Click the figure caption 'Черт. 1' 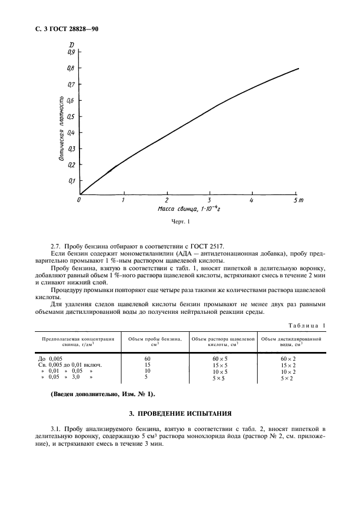tap(180, 222)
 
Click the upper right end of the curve tap(298, 69)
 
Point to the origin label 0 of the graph tap(80, 201)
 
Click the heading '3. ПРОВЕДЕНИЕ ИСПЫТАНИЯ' tap(180, 413)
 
